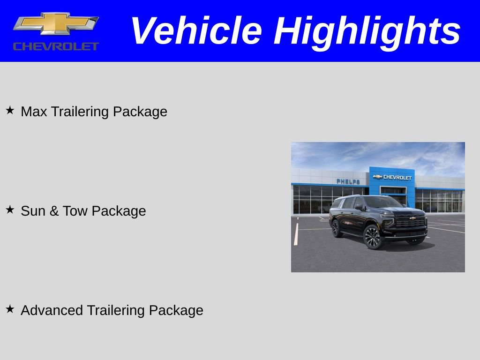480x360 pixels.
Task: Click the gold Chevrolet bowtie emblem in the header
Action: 56,23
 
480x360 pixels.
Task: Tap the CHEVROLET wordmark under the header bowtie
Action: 56,46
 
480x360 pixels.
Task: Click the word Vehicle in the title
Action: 196,31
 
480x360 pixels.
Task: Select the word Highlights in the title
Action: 367,31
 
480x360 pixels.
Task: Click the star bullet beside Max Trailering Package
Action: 10,111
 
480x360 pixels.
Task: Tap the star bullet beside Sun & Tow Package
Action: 10,210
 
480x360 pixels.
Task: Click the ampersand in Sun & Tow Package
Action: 54,211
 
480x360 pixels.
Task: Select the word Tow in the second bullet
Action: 75,211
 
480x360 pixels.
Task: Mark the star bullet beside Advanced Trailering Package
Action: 10,309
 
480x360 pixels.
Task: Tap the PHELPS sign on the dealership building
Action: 348,182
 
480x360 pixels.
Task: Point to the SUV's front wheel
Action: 373,237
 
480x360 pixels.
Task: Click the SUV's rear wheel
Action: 336,229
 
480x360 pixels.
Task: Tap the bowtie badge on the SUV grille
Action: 412,218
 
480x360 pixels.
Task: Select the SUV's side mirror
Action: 359,206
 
